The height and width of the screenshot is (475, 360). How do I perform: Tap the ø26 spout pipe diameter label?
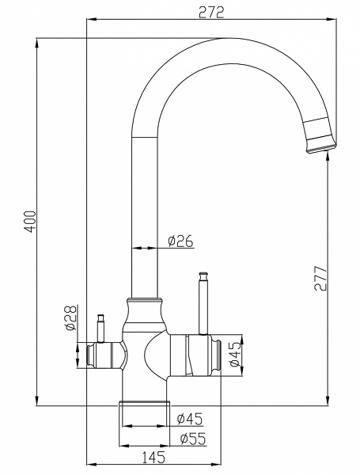point(181,241)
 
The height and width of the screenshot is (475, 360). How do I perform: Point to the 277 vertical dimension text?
point(320,278)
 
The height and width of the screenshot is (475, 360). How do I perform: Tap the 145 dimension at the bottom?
point(154,457)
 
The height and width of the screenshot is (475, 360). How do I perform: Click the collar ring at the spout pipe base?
point(144,302)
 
